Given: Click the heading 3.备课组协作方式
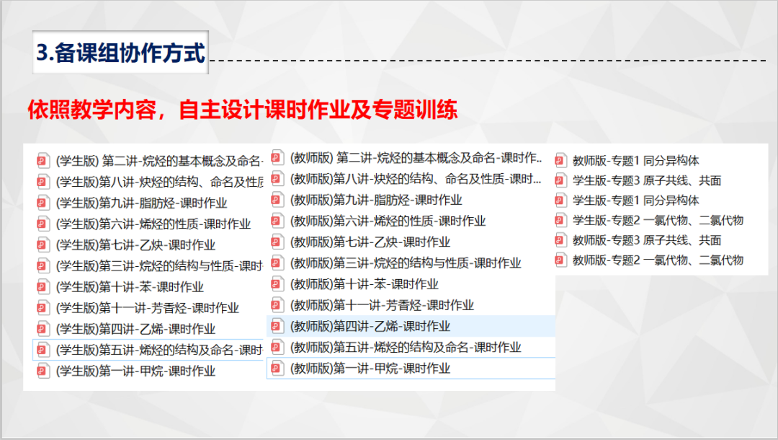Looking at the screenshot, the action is (120, 53).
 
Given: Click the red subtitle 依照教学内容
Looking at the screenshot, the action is (91, 109).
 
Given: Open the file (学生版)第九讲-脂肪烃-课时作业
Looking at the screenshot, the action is (141, 203).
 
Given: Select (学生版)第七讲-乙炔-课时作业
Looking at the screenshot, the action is (135, 245).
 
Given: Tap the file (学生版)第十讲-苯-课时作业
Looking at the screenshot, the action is (130, 287).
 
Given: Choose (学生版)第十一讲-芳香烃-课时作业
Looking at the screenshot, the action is (148, 308).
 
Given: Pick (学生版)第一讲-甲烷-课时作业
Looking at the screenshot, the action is (135, 371).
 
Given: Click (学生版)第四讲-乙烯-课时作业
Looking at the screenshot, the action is (135, 329).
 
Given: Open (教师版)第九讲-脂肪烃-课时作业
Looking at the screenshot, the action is (376, 200).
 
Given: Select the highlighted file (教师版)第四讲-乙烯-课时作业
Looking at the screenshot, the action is (370, 326).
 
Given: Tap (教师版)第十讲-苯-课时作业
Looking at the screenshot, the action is (365, 284).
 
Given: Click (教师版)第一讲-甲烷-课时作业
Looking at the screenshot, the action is (370, 369).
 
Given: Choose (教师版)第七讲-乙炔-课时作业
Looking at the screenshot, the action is (370, 242).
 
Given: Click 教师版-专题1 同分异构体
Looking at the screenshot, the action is (635, 161).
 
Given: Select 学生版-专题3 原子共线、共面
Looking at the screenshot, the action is (646, 181).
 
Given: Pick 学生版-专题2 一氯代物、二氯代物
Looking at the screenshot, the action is (658, 221).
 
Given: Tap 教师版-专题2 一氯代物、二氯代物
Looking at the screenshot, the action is (658, 260).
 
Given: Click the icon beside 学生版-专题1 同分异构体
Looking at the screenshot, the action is (560, 201).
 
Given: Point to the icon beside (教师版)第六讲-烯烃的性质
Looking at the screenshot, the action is (277, 221).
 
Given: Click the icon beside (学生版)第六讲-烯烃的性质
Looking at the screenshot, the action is (43, 224).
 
